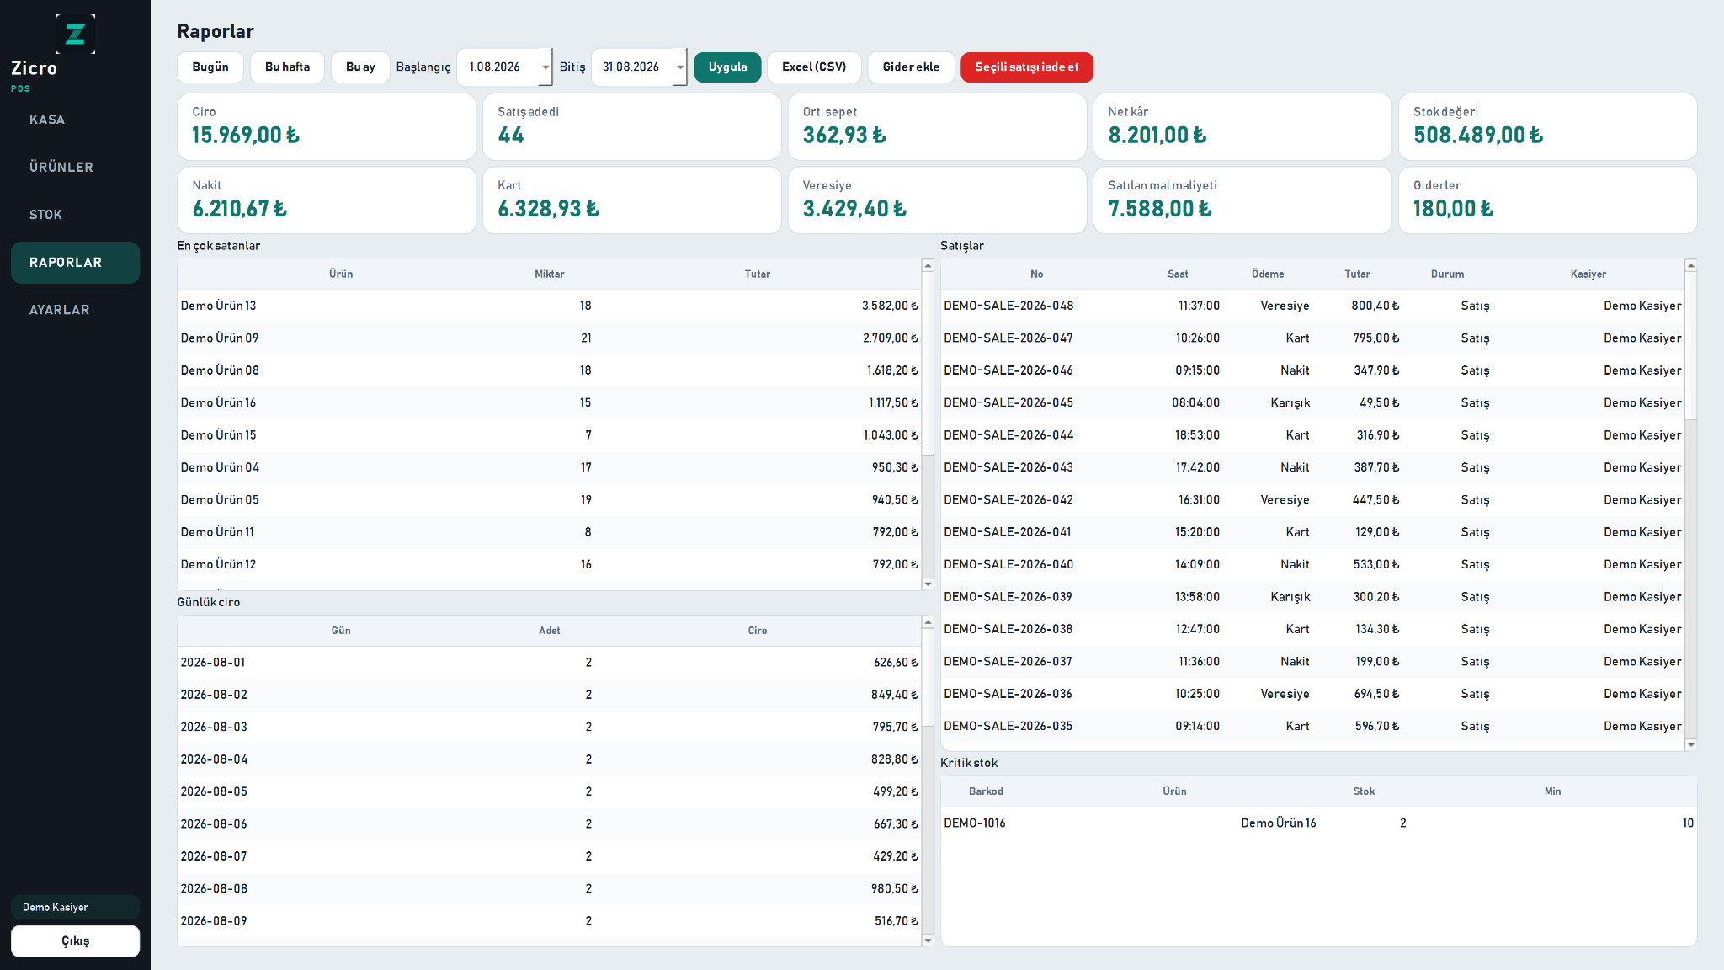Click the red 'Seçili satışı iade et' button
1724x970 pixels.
tap(1026, 67)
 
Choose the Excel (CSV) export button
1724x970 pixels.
tap(814, 67)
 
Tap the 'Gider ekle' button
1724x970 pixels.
tap(911, 67)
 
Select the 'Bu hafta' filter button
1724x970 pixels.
tap(287, 67)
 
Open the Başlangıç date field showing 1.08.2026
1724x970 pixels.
tap(504, 67)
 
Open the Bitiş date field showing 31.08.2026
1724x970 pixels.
tap(639, 67)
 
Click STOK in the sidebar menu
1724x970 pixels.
tap(45, 215)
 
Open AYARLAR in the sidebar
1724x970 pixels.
tap(59, 310)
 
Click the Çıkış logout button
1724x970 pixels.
tap(75, 941)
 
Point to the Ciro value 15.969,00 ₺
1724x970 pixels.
tap(245, 136)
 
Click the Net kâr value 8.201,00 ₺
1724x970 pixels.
tap(1157, 136)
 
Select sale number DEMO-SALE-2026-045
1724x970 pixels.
tap(1008, 402)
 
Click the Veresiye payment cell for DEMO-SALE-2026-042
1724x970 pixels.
tap(1285, 500)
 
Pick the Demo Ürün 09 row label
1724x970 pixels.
tap(220, 338)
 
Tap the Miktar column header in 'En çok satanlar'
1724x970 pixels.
tap(549, 274)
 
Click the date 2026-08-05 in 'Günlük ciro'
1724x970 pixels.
tap(214, 791)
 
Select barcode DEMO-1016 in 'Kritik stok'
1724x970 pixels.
tap(975, 823)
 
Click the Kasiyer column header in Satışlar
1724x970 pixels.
tap(1588, 274)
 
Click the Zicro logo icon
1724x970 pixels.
tap(75, 34)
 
